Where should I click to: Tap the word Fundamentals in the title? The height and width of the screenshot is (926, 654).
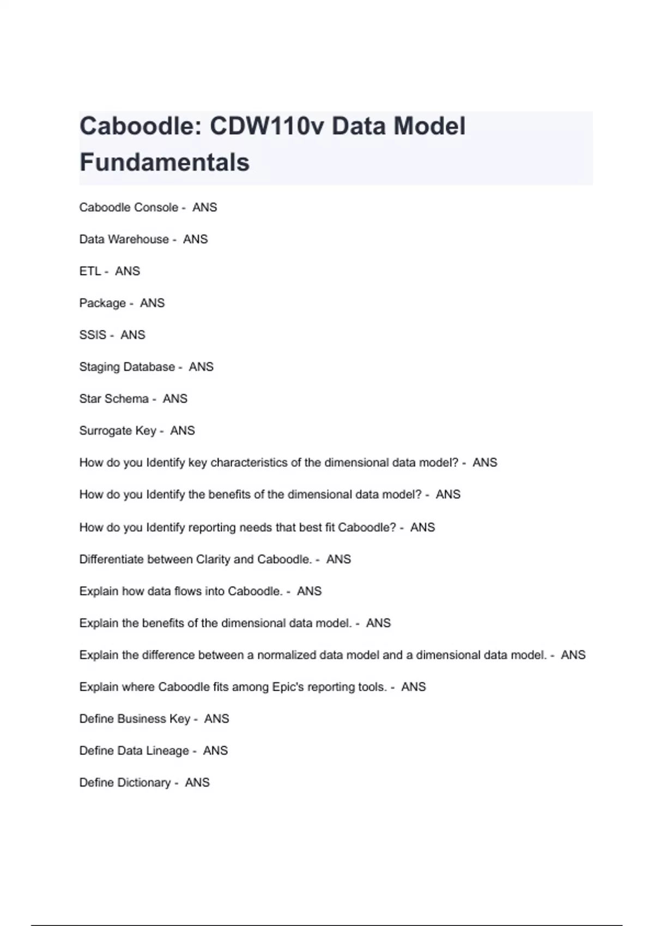coord(165,162)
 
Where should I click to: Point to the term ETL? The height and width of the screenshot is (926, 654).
coord(90,271)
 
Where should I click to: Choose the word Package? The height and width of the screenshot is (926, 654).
coord(102,303)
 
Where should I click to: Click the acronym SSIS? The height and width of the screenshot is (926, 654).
coord(93,335)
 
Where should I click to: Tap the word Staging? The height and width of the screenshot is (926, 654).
coord(100,367)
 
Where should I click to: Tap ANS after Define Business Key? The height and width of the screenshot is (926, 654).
coord(216,719)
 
